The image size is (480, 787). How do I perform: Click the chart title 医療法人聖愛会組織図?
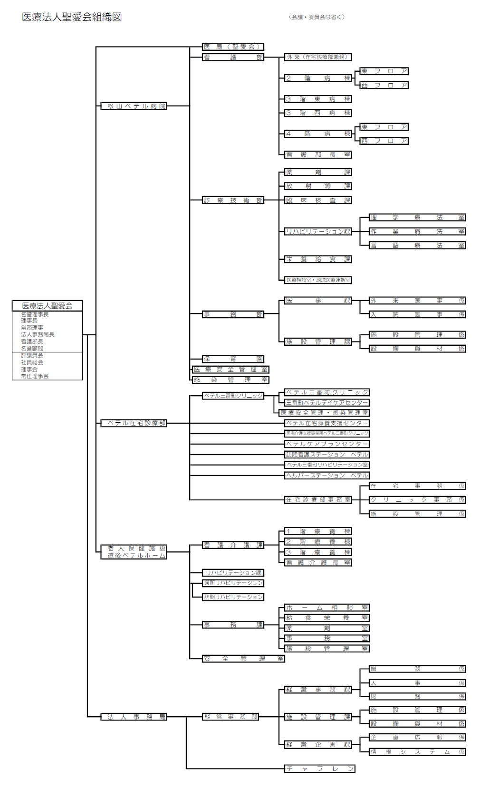[72, 17]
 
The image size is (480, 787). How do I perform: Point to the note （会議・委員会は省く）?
[317, 17]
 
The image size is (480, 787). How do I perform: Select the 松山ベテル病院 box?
[134, 106]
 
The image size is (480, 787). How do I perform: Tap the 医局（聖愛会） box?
[233, 47]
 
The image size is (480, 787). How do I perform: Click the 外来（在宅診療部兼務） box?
[318, 57]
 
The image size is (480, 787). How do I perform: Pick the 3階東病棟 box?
[318, 99]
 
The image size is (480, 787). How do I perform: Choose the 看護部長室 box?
[318, 154]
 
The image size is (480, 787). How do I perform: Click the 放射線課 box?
[318, 186]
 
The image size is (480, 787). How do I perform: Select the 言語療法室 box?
[417, 245]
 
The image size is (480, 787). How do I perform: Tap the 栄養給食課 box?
[318, 259]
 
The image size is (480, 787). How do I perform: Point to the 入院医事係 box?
[417, 314]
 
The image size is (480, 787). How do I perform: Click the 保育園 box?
[233, 359]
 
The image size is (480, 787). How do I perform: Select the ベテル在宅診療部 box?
[134, 423]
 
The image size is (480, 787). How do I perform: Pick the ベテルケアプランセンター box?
[327, 444]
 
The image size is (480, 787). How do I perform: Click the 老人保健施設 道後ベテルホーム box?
[134, 552]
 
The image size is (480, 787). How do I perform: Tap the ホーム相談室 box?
[327, 607]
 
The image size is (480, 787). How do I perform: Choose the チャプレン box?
[320, 768]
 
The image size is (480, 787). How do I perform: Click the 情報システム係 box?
[417, 752]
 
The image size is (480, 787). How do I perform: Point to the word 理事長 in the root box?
[29, 321]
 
